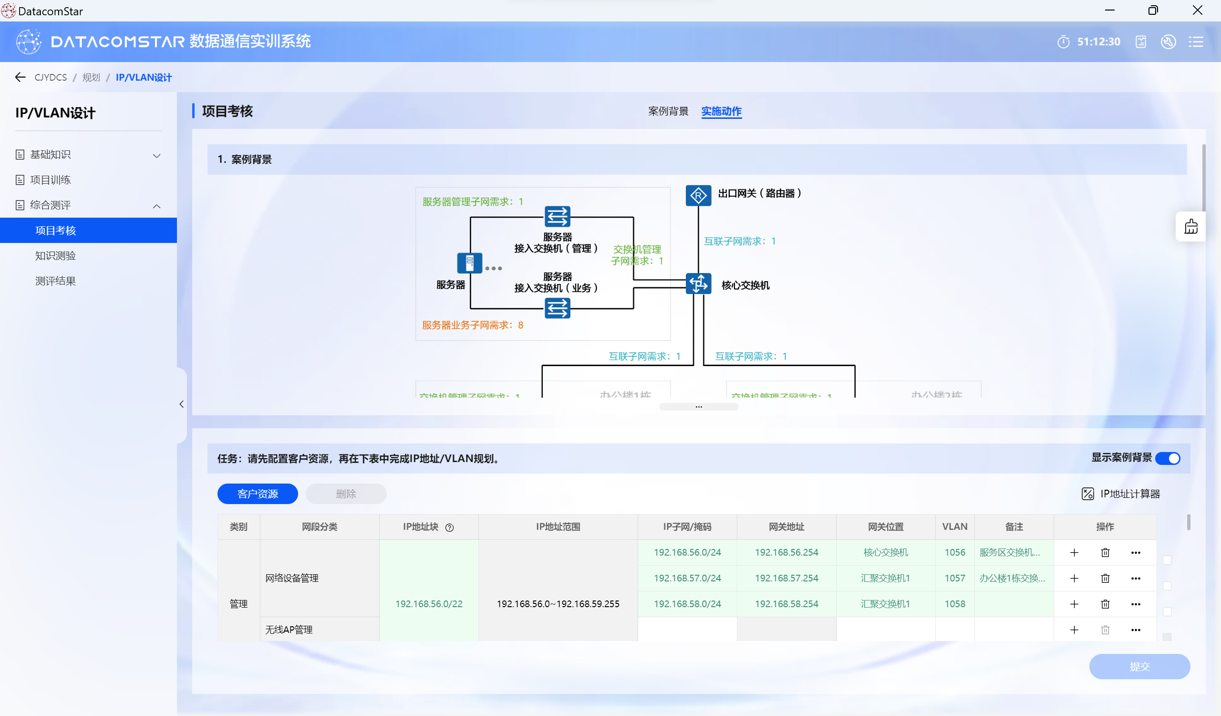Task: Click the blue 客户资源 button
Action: [x=257, y=494]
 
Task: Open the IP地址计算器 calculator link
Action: [x=1121, y=494]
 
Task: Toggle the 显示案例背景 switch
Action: [x=1168, y=458]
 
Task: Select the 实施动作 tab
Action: [x=721, y=112]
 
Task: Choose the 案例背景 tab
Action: [x=668, y=112]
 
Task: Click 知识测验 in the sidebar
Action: [x=56, y=255]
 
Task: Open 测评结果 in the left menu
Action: [x=56, y=281]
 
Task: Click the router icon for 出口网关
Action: [x=698, y=196]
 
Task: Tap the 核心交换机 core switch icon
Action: [x=698, y=284]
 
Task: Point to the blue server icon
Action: [x=469, y=263]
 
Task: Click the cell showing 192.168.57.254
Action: [x=786, y=578]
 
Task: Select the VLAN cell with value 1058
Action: [x=954, y=603]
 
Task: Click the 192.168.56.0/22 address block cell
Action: [x=429, y=603]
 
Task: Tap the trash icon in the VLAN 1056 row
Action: [x=1105, y=552]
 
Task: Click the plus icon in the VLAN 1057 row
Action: [x=1074, y=578]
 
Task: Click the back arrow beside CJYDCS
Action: [x=21, y=77]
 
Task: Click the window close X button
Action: [x=1197, y=10]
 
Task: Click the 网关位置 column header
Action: [x=885, y=526]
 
